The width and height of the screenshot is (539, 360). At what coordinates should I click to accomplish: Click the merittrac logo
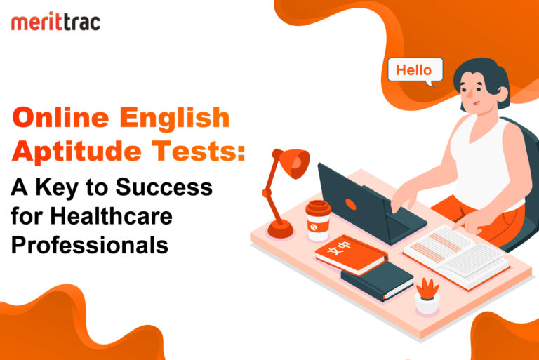[55, 22]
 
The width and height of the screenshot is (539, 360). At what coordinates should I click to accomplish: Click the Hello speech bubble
[415, 71]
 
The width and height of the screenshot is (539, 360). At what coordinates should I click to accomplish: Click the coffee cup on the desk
[317, 220]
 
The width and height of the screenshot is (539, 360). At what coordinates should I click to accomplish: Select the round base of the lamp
[281, 229]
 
